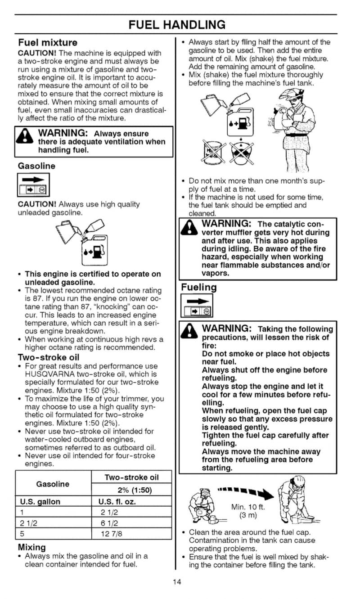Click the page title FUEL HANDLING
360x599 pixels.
point(176,24)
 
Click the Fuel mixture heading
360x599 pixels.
point(48,43)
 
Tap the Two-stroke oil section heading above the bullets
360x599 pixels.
point(49,357)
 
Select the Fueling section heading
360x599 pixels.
point(198,287)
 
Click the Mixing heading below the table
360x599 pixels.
point(31,547)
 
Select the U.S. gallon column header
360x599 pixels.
point(40,502)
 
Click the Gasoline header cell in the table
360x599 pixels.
point(53,484)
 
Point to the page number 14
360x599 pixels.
point(177,582)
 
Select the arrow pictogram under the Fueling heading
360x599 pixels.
point(195,306)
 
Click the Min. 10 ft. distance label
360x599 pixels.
point(248,507)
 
